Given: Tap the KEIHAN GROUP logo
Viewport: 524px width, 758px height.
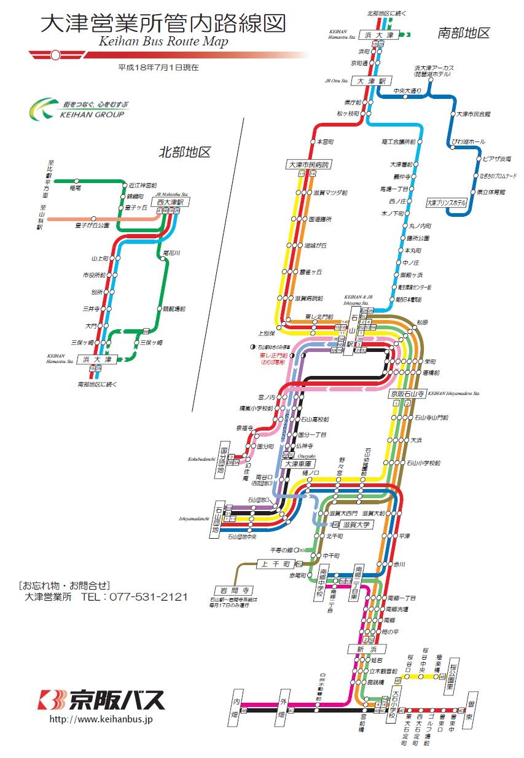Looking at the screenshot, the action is (77, 109).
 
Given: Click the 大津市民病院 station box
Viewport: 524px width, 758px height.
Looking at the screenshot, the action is (308, 165).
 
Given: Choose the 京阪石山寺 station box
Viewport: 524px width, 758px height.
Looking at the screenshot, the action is (406, 393).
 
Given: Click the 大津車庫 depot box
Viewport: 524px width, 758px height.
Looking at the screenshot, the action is (300, 463).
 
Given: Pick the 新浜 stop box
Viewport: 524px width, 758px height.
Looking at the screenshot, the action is (367, 649).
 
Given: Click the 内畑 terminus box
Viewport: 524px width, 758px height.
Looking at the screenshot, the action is (237, 706).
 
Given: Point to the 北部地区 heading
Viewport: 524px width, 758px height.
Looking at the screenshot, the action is (185, 150).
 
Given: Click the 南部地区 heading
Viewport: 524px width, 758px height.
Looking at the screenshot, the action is (464, 33).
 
